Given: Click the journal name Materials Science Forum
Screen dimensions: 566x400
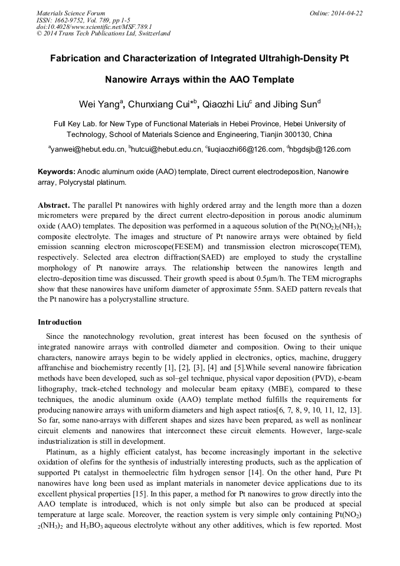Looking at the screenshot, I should coord(71,12).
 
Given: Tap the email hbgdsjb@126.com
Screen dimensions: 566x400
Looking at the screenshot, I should coord(321,149).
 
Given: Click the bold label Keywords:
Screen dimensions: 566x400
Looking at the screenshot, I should coord(57,172).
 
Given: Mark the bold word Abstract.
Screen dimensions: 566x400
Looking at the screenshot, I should coord(54,205).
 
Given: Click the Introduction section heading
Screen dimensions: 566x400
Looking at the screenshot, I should coord(60,322).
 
